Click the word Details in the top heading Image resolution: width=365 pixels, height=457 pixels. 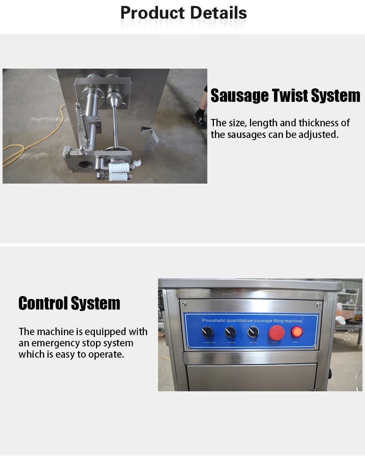(218, 13)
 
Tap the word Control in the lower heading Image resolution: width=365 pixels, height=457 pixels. (43, 303)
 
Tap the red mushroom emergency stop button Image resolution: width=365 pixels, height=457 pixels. (277, 333)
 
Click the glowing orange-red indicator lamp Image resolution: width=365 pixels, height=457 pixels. (297, 332)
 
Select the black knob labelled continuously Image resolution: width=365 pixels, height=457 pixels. (208, 332)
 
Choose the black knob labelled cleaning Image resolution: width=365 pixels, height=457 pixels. (230, 332)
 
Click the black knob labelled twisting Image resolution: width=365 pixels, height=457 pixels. (253, 332)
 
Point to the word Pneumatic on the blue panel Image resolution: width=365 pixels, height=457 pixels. (214, 320)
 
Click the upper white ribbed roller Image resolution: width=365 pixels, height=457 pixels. (119, 168)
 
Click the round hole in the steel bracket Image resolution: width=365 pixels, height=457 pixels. (84, 164)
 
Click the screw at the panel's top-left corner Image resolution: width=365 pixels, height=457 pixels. (184, 304)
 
